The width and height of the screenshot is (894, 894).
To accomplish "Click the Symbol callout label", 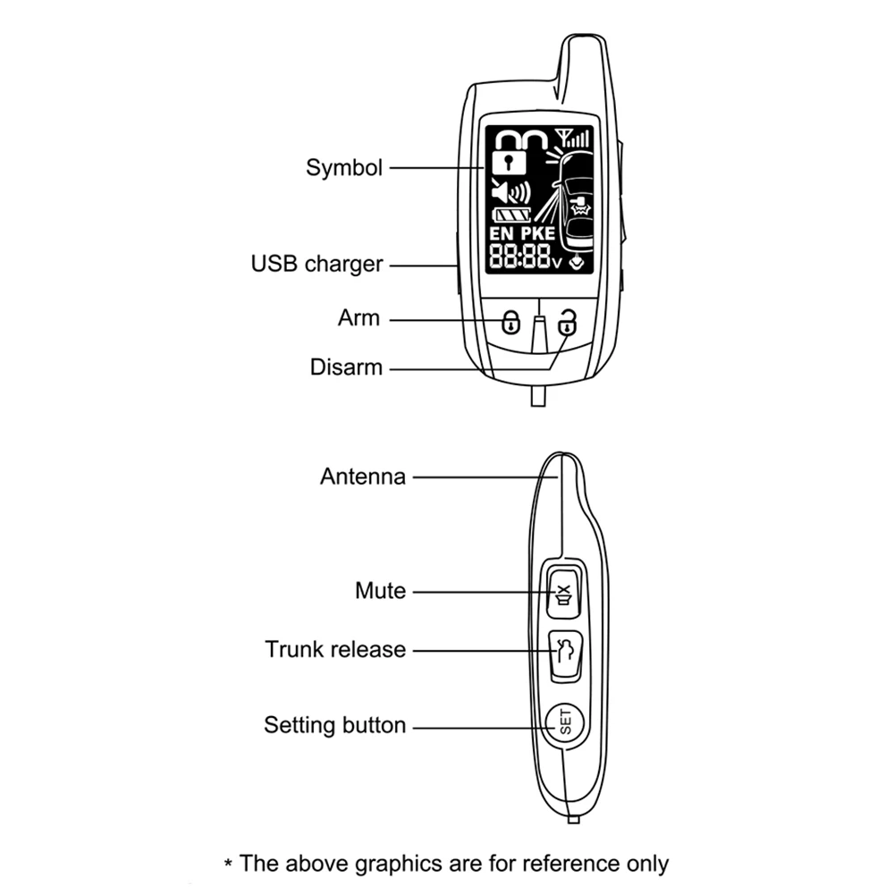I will coord(344,167).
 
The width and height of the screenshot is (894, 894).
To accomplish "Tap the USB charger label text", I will coord(316,264).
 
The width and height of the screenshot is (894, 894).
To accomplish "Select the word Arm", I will coord(358,318).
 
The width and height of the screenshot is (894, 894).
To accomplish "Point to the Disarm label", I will coord(346,367).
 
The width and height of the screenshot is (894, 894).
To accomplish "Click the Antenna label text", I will coord(362,477).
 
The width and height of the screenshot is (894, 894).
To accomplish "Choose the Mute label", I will coord(380,591).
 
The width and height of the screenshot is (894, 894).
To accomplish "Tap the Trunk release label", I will coord(335,649).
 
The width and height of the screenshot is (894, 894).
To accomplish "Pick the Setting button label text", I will coord(334,725).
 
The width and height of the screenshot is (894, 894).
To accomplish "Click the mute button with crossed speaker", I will coord(564,592).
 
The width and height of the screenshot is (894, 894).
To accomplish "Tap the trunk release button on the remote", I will coord(564,656).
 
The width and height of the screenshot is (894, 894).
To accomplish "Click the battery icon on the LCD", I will coord(513,215).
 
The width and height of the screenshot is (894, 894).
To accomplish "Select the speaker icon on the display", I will coord(510,191).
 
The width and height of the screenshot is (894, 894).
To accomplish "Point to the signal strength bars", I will coord(574,138).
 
